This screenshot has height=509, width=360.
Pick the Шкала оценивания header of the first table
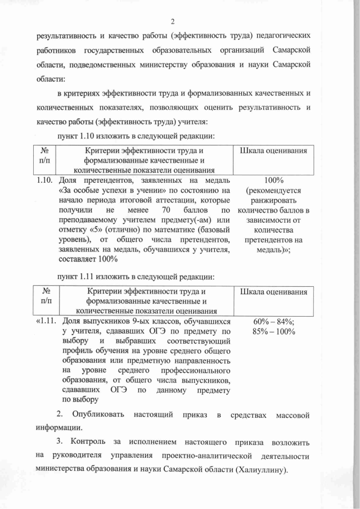click(x=273, y=151)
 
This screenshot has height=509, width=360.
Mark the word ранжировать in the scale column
click(x=273, y=200)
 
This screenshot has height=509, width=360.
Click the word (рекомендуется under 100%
click(x=273, y=190)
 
